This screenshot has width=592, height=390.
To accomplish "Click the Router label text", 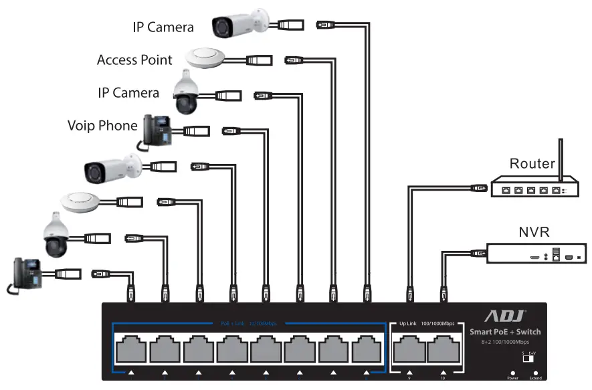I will [x=532, y=163].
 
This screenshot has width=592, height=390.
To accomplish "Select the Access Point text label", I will [x=134, y=60].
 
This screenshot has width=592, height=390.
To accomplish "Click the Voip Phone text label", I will [x=102, y=125].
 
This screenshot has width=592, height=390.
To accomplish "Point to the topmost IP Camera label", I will [x=163, y=27].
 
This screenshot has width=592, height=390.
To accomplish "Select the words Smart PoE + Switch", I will [x=505, y=332].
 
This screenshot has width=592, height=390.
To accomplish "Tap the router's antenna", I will [x=561, y=159].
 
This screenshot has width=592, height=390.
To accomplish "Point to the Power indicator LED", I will [x=512, y=372].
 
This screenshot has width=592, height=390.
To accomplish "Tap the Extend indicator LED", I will [x=535, y=372].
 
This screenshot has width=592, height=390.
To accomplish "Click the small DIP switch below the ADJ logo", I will [x=528, y=359].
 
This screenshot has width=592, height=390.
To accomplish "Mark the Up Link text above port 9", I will [x=407, y=324].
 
